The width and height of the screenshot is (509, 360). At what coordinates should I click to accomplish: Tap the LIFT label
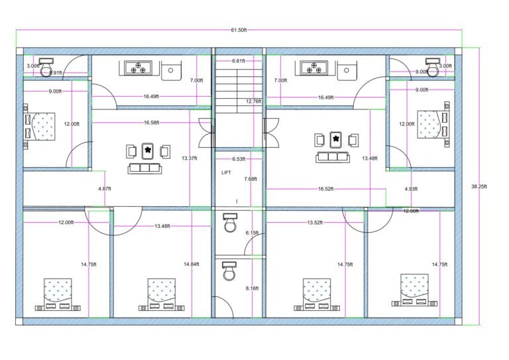(x=227, y=172)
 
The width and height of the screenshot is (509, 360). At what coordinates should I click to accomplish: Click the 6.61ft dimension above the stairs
(x=239, y=61)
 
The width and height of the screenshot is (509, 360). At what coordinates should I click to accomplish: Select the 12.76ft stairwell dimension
(x=253, y=101)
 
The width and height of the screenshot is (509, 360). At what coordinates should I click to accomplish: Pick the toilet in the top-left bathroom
(x=46, y=67)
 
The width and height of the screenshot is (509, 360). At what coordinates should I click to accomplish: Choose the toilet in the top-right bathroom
(x=433, y=67)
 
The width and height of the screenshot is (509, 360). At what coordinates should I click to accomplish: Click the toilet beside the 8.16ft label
(x=229, y=271)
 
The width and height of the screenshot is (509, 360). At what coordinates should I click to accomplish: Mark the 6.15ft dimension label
(x=253, y=233)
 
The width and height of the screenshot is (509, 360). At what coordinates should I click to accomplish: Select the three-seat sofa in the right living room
(x=334, y=157)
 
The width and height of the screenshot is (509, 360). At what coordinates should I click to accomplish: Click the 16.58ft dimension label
(x=151, y=123)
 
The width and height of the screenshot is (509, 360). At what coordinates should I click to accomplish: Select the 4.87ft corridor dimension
(x=105, y=189)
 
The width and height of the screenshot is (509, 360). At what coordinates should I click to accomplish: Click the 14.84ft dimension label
(x=192, y=265)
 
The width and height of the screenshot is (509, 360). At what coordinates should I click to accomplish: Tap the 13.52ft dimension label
(x=315, y=223)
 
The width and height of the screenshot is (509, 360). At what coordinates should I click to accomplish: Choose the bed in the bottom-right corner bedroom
(x=415, y=290)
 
